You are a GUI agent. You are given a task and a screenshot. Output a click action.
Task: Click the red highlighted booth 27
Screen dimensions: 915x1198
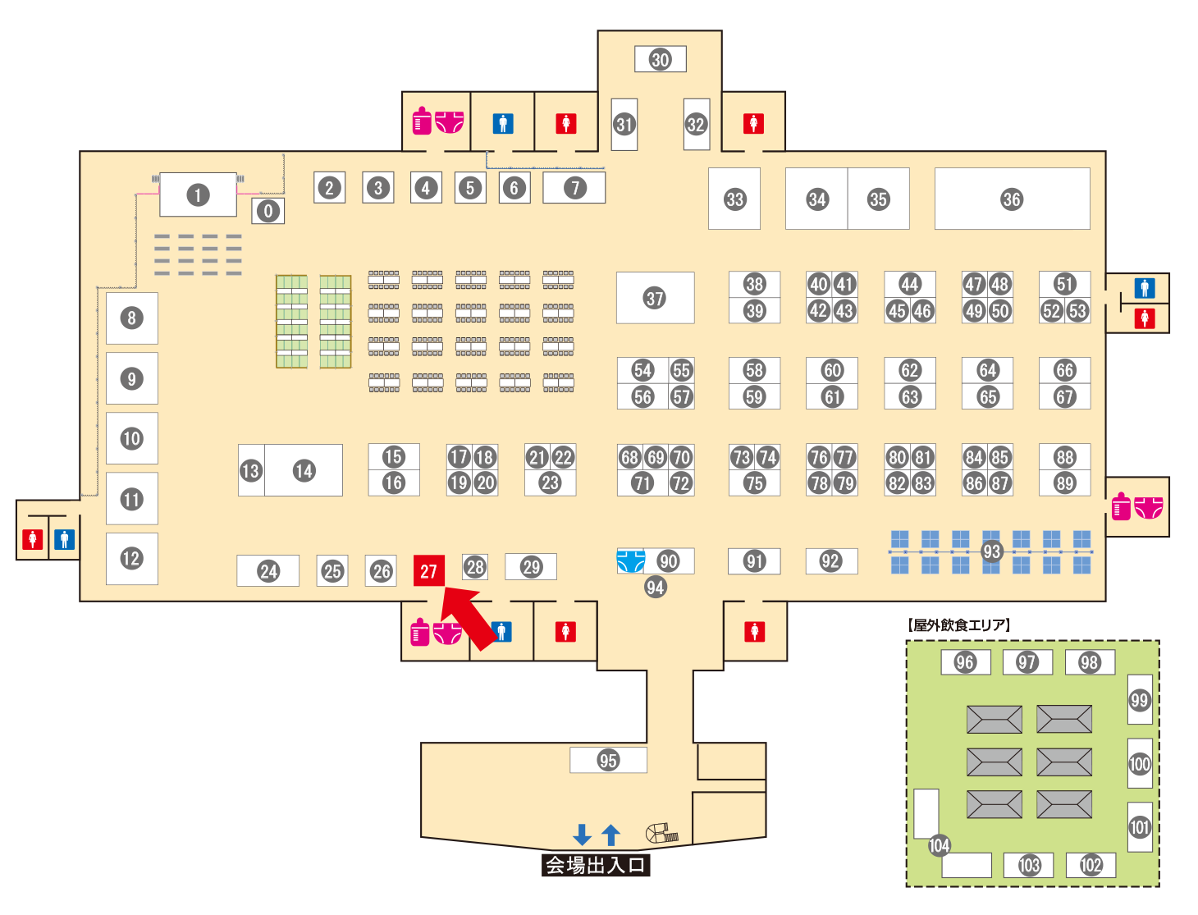[x=428, y=571]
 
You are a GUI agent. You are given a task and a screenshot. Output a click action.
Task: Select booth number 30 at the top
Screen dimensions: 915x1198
[x=660, y=59]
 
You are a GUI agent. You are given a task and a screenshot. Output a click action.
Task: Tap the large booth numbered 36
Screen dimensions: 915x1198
[x=1012, y=199]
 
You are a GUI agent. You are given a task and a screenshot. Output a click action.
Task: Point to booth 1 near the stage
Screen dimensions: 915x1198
[x=197, y=195]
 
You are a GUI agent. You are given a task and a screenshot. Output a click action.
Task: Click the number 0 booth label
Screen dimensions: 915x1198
[x=267, y=211]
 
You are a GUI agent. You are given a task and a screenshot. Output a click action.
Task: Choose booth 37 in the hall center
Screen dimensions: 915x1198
[x=655, y=298]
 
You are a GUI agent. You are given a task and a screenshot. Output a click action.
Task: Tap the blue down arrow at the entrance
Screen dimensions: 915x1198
[x=582, y=835]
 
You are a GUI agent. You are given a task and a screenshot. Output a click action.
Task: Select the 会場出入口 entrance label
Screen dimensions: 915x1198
[x=596, y=865]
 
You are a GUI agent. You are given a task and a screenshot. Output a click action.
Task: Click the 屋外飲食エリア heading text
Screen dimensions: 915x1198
[x=959, y=625]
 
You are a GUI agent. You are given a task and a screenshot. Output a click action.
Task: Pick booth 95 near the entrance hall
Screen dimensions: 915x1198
[x=608, y=760]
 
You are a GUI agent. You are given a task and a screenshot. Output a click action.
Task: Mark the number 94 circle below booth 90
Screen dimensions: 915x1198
[x=655, y=587]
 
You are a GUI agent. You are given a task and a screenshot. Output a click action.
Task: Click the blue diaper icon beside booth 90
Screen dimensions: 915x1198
[x=630, y=561]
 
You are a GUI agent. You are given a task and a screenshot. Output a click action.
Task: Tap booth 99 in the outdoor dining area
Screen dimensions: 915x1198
[x=1139, y=700]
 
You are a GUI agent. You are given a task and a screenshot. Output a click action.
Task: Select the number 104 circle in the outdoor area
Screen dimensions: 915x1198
[x=939, y=845]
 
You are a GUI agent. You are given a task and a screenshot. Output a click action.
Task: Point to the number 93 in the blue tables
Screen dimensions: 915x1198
[x=991, y=551]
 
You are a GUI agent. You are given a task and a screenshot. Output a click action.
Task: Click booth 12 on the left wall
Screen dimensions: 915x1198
[x=131, y=559]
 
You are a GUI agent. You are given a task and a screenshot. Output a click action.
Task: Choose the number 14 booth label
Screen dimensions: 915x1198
[x=304, y=470]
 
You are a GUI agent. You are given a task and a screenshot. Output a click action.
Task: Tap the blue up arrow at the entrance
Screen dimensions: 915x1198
[x=610, y=835]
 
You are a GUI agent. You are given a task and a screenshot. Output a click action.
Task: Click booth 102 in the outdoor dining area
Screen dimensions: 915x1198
[x=1091, y=865]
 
